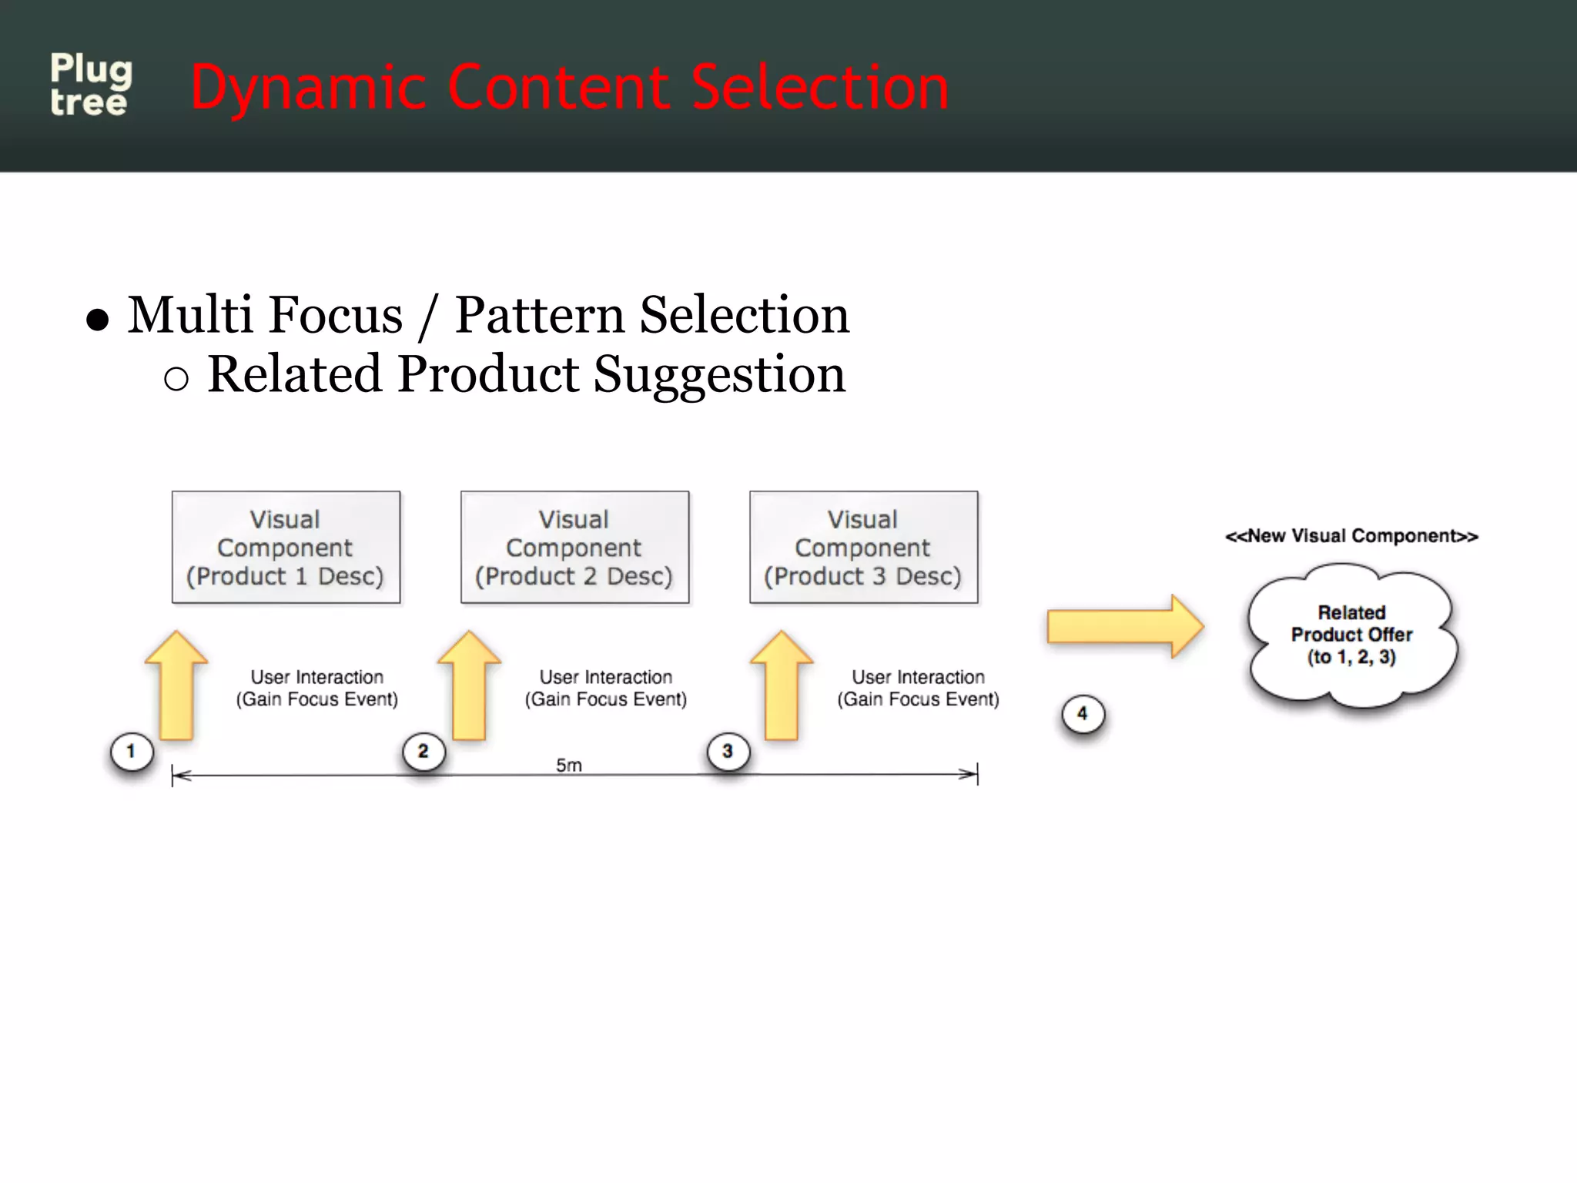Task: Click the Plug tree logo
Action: pyautogui.click(x=91, y=85)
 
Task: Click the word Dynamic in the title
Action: pyautogui.click(x=307, y=89)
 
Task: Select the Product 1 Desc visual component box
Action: pyautogui.click(x=286, y=548)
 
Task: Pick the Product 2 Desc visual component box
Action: pyautogui.click(x=574, y=548)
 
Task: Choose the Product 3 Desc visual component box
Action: pyautogui.click(x=863, y=548)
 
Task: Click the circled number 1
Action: pyautogui.click(x=132, y=752)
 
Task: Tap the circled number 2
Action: pyautogui.click(x=424, y=752)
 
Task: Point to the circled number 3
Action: pyautogui.click(x=728, y=752)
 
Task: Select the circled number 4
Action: pyautogui.click(x=1083, y=714)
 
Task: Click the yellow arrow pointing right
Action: pyautogui.click(x=1124, y=626)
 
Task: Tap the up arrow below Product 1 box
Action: pyautogui.click(x=176, y=685)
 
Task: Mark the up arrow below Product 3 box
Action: pyautogui.click(x=782, y=685)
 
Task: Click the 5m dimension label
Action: pyautogui.click(x=569, y=765)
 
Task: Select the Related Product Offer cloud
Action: pyautogui.click(x=1351, y=635)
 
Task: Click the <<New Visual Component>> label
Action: pyautogui.click(x=1351, y=536)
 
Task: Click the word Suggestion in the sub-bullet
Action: pyautogui.click(x=719, y=375)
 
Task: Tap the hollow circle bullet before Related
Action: pyautogui.click(x=176, y=379)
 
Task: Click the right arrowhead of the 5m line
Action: pyautogui.click(x=969, y=774)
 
